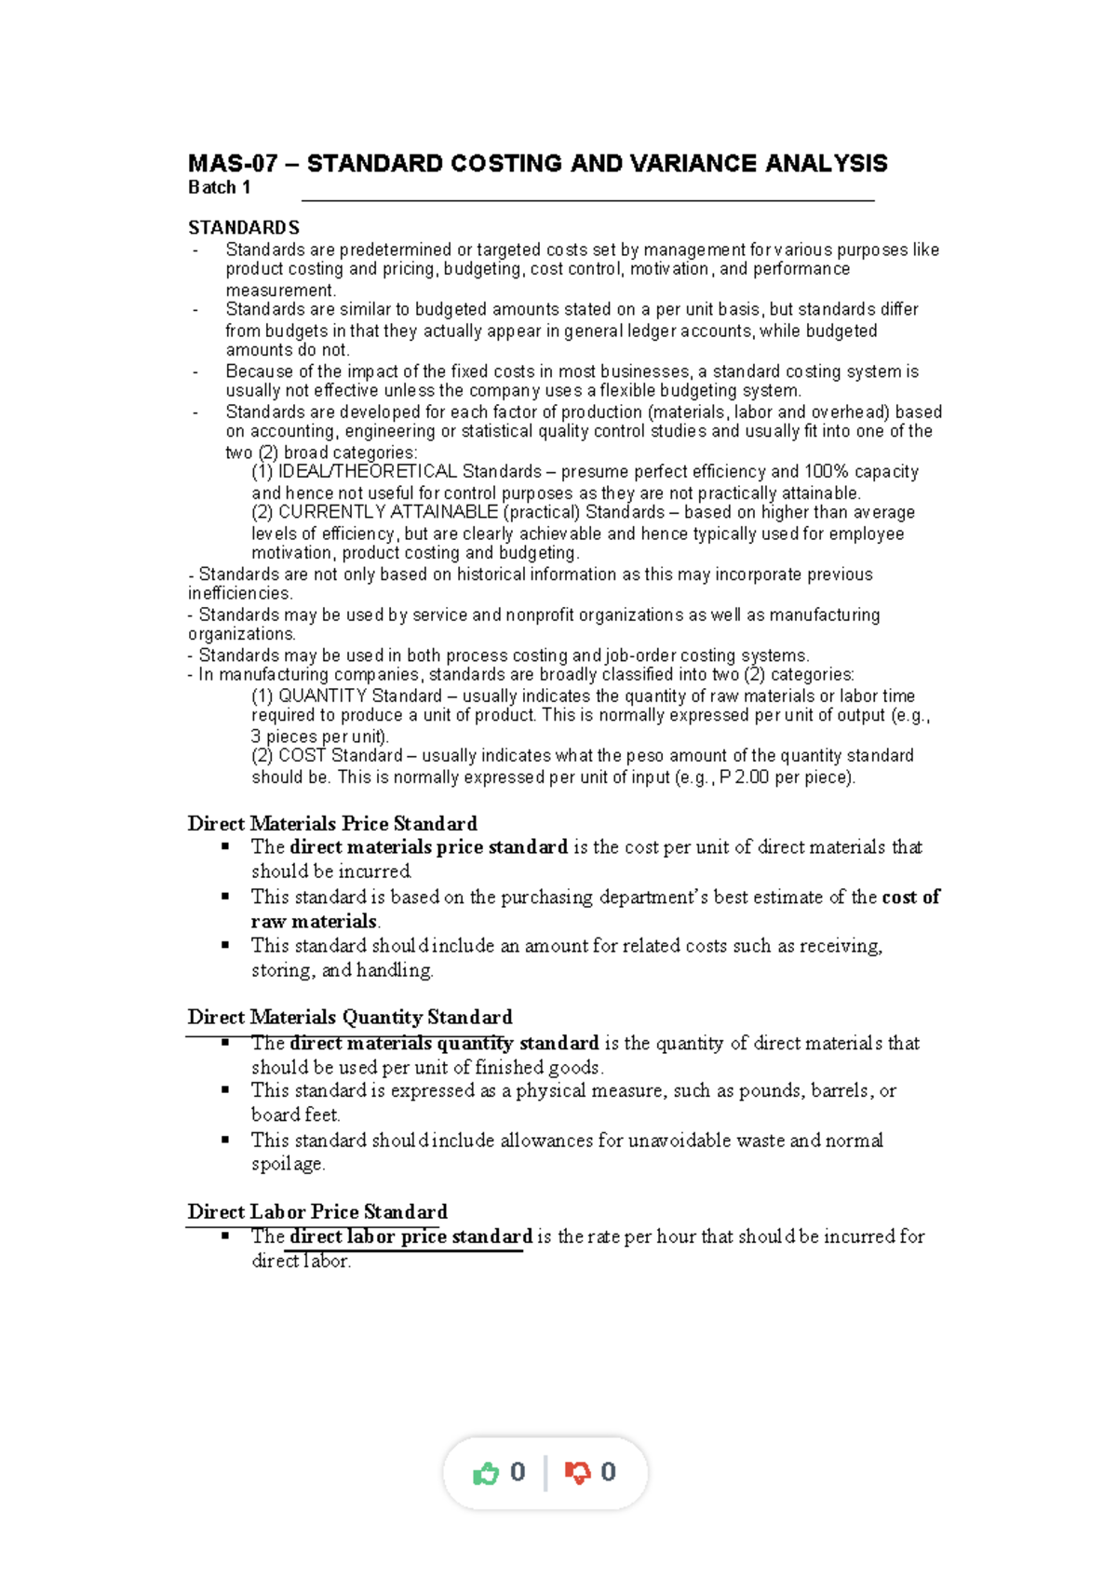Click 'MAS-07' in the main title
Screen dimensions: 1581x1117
click(232, 164)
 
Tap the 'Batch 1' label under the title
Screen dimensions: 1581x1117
click(219, 188)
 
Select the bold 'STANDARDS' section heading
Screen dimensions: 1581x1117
click(243, 228)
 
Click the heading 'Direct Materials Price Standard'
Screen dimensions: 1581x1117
click(331, 824)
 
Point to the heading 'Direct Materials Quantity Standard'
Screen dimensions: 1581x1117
click(349, 1018)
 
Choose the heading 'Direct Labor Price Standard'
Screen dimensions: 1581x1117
click(316, 1212)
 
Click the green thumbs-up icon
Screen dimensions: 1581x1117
click(486, 1473)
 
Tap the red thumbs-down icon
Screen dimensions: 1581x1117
click(577, 1473)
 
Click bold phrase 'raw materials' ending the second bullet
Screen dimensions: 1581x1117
click(313, 922)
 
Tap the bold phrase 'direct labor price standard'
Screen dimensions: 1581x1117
click(410, 1236)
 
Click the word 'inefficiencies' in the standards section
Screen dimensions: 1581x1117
click(239, 594)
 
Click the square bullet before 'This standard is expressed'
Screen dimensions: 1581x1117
click(225, 1089)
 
